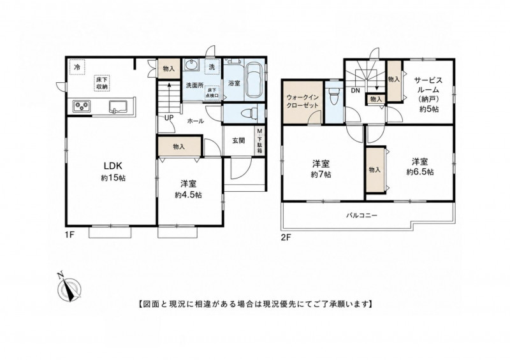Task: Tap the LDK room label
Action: click(x=113, y=166)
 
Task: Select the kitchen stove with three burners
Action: click(x=82, y=105)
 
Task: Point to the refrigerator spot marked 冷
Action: click(x=77, y=68)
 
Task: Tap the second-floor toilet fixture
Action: click(x=333, y=95)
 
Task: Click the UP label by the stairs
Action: click(x=169, y=118)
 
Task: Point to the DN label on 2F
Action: click(x=356, y=90)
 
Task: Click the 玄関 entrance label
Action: click(x=238, y=141)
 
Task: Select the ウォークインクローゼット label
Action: click(x=302, y=101)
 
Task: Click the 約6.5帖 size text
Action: click(x=420, y=171)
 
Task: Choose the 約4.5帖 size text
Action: click(x=188, y=195)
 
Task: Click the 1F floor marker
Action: click(x=71, y=234)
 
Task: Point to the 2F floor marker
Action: click(x=286, y=238)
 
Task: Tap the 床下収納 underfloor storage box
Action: click(x=102, y=83)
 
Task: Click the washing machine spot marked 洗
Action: click(x=212, y=68)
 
